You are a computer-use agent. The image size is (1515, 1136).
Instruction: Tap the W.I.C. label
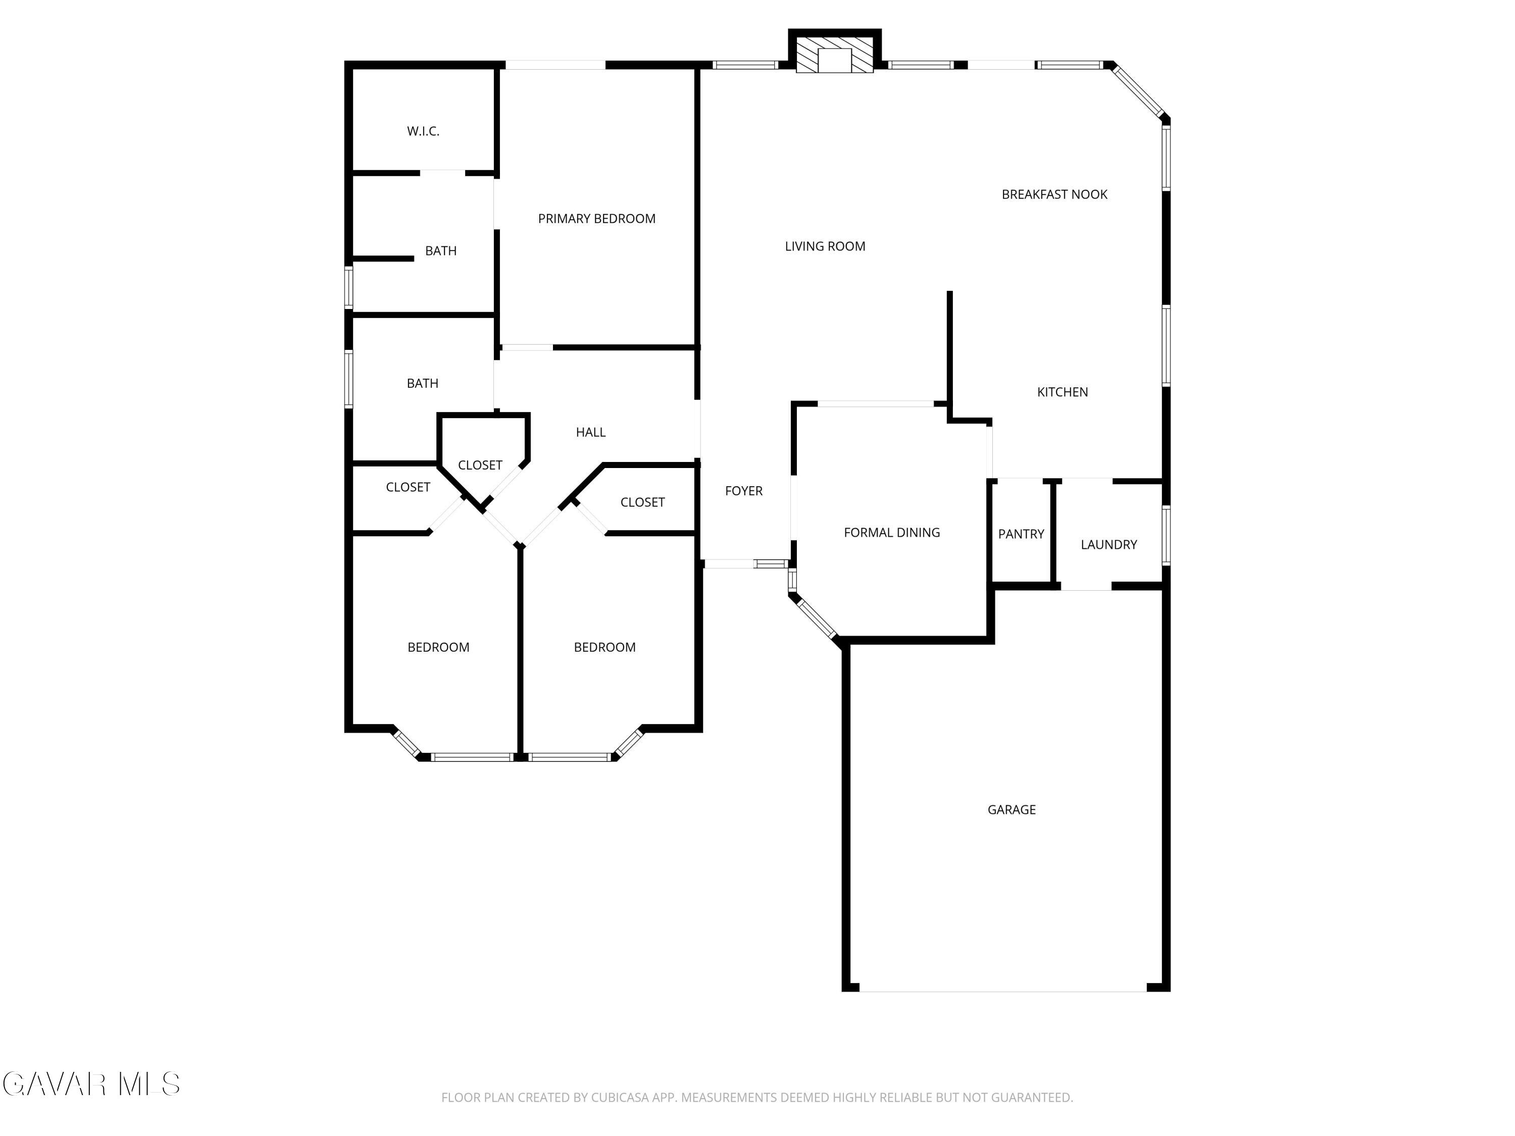(423, 131)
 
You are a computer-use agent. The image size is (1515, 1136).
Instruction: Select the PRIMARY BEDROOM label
(596, 219)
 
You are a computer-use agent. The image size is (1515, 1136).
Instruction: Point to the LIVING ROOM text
(825, 246)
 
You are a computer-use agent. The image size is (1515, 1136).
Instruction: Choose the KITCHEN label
(1063, 392)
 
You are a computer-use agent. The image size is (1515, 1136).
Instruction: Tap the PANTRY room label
(1021, 534)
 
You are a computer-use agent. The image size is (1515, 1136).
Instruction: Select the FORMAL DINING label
(892, 533)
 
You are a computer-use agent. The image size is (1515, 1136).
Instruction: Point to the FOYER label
(744, 491)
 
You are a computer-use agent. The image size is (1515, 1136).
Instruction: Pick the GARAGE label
(1011, 810)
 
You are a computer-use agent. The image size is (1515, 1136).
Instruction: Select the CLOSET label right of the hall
(642, 502)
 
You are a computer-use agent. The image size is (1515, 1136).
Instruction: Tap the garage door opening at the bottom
(1003, 990)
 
